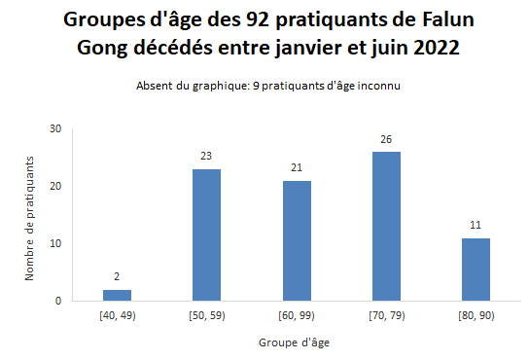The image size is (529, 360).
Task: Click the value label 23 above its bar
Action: pos(206,154)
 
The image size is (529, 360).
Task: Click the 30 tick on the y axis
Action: pos(55,128)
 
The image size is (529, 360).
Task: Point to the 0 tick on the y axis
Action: pos(58,301)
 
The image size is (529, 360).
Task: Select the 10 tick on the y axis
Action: pos(55,243)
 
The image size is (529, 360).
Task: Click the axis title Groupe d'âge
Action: pos(296,342)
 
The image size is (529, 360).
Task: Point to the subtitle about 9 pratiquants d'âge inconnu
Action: pos(269,86)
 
